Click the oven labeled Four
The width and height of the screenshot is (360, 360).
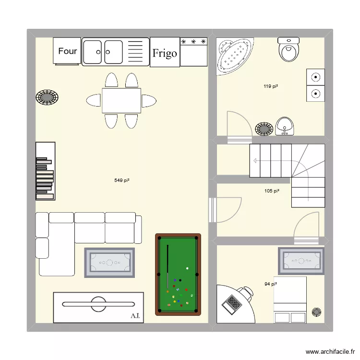(x=67, y=51)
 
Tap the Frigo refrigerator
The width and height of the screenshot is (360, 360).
(x=164, y=52)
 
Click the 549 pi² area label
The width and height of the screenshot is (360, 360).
(x=122, y=180)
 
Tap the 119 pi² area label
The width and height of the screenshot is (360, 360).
(x=271, y=86)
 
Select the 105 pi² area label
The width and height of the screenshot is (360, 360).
(x=272, y=191)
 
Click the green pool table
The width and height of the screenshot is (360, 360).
(x=178, y=274)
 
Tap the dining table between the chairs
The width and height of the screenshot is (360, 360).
(x=121, y=100)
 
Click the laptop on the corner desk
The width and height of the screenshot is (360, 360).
(x=233, y=303)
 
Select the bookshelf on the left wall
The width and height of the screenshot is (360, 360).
(x=45, y=170)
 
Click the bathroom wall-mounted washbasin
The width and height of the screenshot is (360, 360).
(x=285, y=126)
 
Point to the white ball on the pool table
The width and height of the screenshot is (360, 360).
(x=187, y=269)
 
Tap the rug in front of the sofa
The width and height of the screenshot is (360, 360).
(x=109, y=262)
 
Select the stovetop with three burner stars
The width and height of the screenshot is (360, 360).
(x=193, y=51)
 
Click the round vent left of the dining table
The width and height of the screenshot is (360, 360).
(x=48, y=97)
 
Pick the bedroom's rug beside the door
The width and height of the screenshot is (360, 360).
(x=302, y=261)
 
